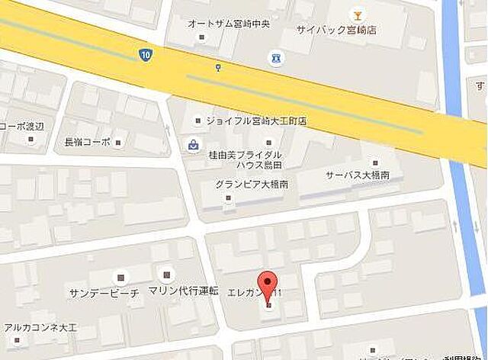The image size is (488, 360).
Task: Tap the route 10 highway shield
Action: coord(145,54)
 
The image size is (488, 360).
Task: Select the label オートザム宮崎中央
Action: coord(229,22)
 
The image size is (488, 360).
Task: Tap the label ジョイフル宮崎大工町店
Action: coord(255,121)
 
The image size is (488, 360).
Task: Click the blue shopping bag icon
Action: coord(194,144)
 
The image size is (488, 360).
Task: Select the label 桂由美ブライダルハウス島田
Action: coord(245,159)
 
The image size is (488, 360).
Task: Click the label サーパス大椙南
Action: coord(358,175)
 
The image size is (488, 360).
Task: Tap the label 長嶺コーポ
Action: coord(88,142)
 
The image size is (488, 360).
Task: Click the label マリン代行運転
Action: coord(184,291)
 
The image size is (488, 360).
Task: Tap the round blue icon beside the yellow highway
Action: coord(274,57)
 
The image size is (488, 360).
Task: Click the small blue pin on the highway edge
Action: coord(219,67)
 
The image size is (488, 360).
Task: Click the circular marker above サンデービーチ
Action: coord(118,276)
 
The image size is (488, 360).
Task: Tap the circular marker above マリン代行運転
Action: coord(165,273)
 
